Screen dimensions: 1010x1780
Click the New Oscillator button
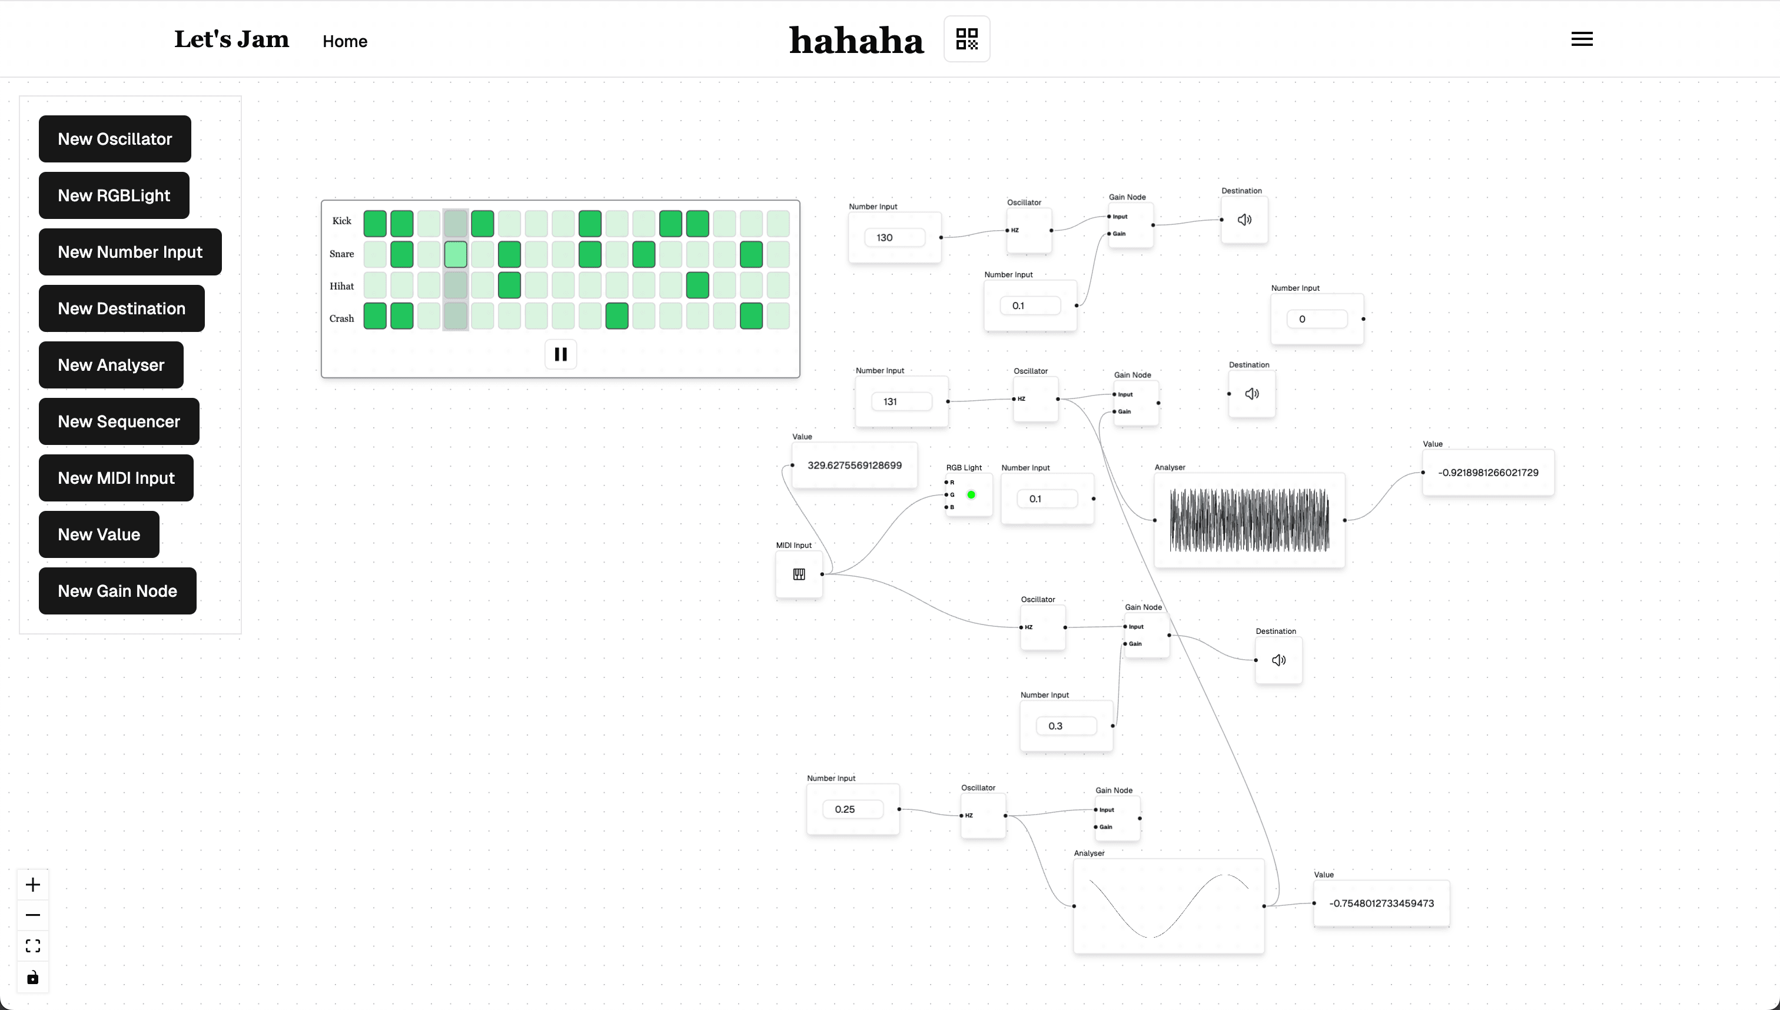pyautogui.click(x=114, y=139)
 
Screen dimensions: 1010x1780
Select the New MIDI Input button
pyautogui.click(x=116, y=478)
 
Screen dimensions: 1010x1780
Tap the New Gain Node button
pyautogui.click(x=117, y=591)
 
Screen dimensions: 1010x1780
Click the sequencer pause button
pyautogui.click(x=560, y=354)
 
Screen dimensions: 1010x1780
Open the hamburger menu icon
pyautogui.click(x=1582, y=39)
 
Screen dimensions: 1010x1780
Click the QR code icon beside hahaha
pyautogui.click(x=967, y=39)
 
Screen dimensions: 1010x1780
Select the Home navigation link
pyautogui.click(x=345, y=42)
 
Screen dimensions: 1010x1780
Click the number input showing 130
pyautogui.click(x=894, y=238)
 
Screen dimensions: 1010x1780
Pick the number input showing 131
pyautogui.click(x=901, y=401)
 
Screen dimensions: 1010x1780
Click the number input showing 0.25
pyautogui.click(x=852, y=809)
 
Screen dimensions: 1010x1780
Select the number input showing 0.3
pyautogui.click(x=1065, y=726)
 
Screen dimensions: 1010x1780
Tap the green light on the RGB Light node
pyautogui.click(x=971, y=494)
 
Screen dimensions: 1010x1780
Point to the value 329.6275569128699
pyautogui.click(x=854, y=466)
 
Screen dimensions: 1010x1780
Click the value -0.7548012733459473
pyautogui.click(x=1381, y=903)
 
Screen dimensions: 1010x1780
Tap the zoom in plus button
pyautogui.click(x=32, y=885)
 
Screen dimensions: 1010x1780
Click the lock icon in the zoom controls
pyautogui.click(x=32, y=978)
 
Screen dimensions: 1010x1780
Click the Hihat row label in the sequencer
pyautogui.click(x=341, y=286)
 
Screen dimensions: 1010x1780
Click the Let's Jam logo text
pyautogui.click(x=231, y=39)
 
